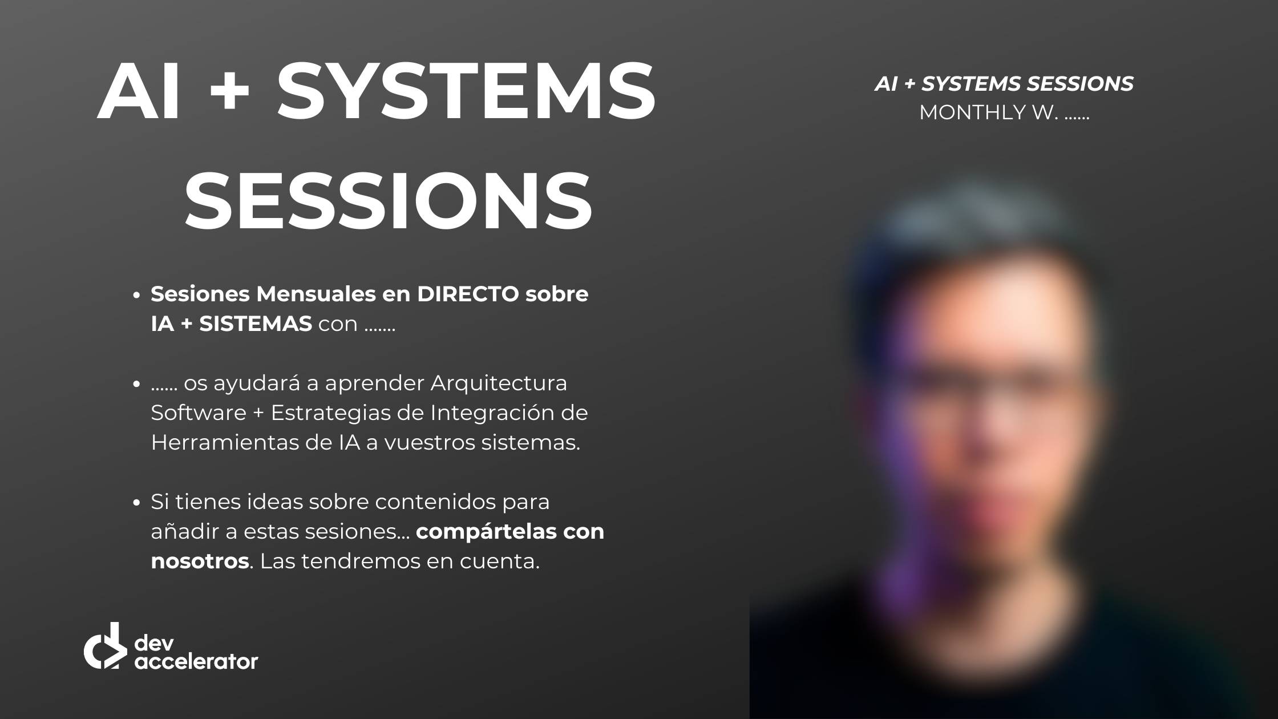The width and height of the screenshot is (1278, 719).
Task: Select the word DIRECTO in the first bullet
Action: point(468,294)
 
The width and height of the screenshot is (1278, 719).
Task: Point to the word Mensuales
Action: point(316,294)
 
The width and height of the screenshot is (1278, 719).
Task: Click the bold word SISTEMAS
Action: point(255,324)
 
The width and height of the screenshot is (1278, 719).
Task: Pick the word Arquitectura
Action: point(499,383)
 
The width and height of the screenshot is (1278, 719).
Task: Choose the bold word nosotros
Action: point(200,562)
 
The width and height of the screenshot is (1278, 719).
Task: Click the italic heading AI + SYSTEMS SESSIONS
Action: point(1004,84)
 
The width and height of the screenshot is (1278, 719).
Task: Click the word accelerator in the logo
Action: point(196,661)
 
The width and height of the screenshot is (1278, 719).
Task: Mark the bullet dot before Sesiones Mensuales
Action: point(136,296)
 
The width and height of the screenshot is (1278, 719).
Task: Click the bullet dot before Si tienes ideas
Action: point(136,503)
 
